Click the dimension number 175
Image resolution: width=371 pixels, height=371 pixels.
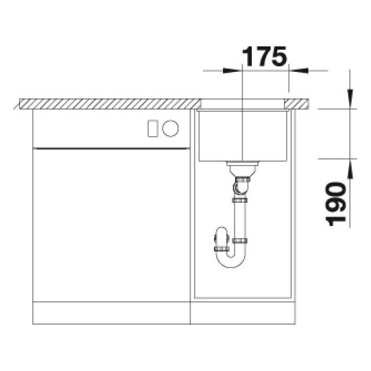(x=264, y=56)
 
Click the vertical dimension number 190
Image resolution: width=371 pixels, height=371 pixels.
(x=335, y=204)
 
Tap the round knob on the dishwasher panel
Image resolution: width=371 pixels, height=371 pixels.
(x=170, y=128)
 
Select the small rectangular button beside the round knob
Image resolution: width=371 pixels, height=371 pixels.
(x=153, y=128)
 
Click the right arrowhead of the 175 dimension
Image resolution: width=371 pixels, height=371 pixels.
(x=298, y=70)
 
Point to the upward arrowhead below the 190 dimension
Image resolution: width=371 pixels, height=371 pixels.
(x=350, y=168)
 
